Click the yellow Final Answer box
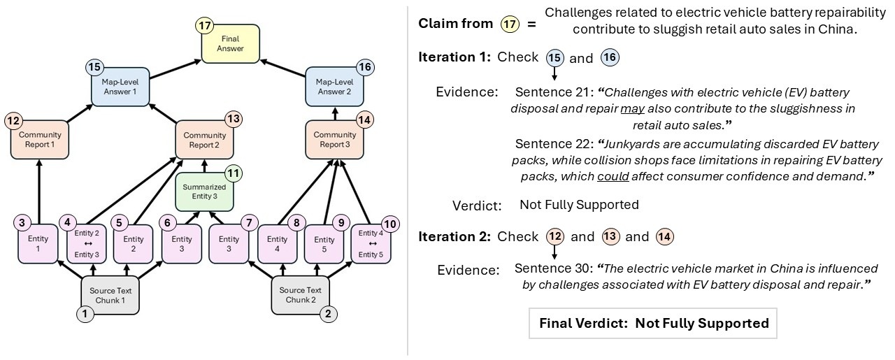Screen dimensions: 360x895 (230, 43)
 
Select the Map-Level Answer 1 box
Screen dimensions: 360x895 (120, 87)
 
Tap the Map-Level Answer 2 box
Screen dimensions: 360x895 (334, 87)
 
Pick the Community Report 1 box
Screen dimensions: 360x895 (40, 139)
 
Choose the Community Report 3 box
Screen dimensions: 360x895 (334, 139)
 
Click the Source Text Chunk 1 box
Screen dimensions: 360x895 (109, 294)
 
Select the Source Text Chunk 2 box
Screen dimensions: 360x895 (300, 294)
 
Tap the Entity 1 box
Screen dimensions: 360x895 (38, 243)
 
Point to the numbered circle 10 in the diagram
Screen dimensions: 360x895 (390, 224)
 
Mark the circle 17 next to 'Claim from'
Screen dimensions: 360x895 (510, 23)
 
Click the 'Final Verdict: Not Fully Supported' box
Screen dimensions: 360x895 (653, 323)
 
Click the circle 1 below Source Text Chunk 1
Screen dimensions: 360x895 (85, 314)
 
